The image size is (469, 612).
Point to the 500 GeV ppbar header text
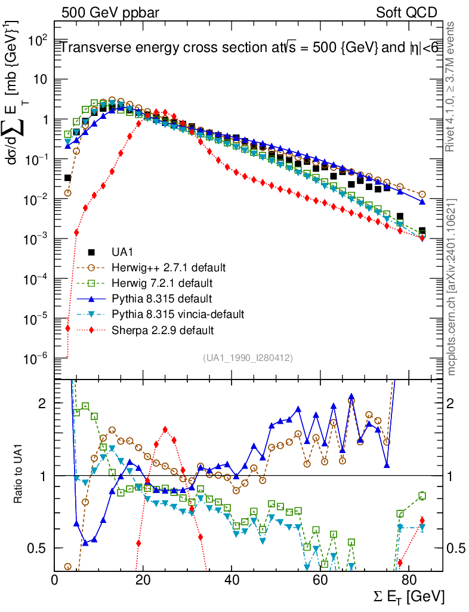pos(108,13)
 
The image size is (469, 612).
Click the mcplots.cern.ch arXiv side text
pos(453,287)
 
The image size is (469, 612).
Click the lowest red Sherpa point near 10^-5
pos(68,328)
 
